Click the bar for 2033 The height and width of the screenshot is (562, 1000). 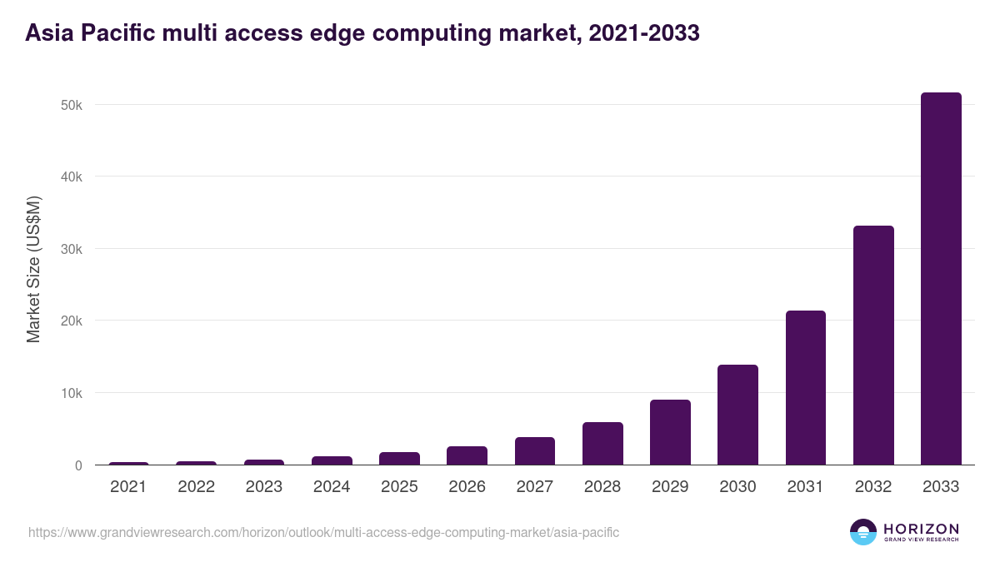[941, 279]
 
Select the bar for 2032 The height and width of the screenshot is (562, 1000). [873, 346]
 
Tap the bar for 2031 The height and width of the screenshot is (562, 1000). [805, 388]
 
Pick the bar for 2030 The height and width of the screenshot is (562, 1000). [737, 415]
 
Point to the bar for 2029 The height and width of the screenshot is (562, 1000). [670, 432]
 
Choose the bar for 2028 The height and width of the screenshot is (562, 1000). [602, 444]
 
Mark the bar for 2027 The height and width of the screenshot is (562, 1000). [534, 451]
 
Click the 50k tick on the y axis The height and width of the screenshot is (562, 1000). [71, 105]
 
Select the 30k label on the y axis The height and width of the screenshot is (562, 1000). [71, 249]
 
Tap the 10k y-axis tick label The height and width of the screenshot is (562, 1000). [71, 393]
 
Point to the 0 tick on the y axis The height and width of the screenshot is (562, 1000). [78, 465]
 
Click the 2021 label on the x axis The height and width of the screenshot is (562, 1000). [128, 487]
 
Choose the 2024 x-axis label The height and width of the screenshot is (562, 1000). [332, 487]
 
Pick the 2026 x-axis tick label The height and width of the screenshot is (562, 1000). [467, 487]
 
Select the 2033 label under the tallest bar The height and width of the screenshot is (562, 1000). [941, 487]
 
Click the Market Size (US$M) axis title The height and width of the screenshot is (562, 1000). [33, 270]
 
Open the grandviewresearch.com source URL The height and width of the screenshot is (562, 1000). [323, 532]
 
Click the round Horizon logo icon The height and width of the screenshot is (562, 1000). [863, 532]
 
